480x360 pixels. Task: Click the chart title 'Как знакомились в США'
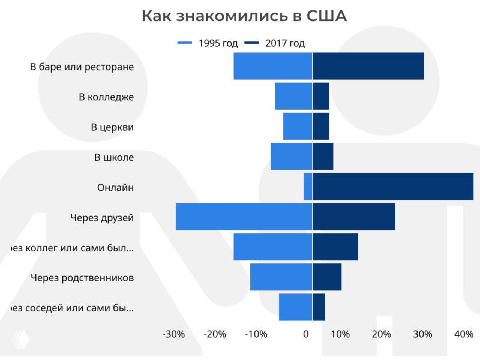[244, 16]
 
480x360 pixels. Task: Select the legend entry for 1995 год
[208, 43]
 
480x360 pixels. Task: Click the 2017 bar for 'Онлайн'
[392, 187]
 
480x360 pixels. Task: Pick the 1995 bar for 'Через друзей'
[244, 217]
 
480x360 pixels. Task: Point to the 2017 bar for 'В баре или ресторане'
[368, 66]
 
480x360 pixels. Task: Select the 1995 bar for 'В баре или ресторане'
[272, 66]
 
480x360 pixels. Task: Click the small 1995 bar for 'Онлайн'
[308, 187]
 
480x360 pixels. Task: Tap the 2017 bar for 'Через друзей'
[353, 217]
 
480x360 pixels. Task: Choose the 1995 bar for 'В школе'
[291, 157]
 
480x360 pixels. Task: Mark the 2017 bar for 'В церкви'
[320, 126]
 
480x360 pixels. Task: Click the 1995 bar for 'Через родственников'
[281, 277]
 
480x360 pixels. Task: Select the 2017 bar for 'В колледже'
[320, 96]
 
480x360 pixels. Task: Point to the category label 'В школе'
[114, 157]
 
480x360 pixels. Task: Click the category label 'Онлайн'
[115, 187]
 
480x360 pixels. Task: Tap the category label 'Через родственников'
[82, 278]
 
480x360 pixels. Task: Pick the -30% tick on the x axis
[173, 334]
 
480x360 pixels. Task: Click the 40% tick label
[464, 334]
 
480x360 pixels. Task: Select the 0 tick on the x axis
[306, 334]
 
